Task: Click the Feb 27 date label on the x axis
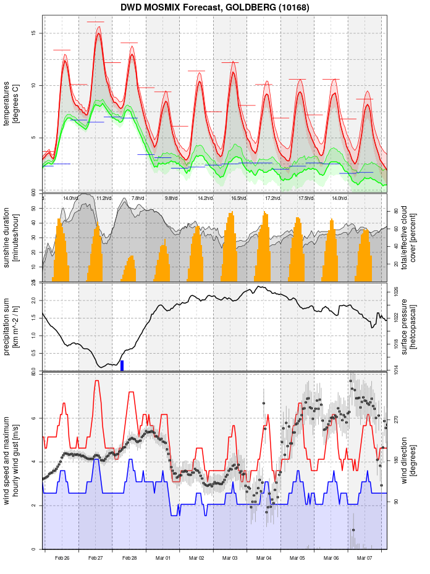96,558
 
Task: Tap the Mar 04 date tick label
264,558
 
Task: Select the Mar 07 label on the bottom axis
365,558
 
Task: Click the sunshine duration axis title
12,238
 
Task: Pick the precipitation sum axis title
12,326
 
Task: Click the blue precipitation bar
122,365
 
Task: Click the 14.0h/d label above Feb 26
70,198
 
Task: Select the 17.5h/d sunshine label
305,198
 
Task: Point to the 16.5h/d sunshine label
238,198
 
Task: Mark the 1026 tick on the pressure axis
396,289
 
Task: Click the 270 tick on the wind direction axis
396,419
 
